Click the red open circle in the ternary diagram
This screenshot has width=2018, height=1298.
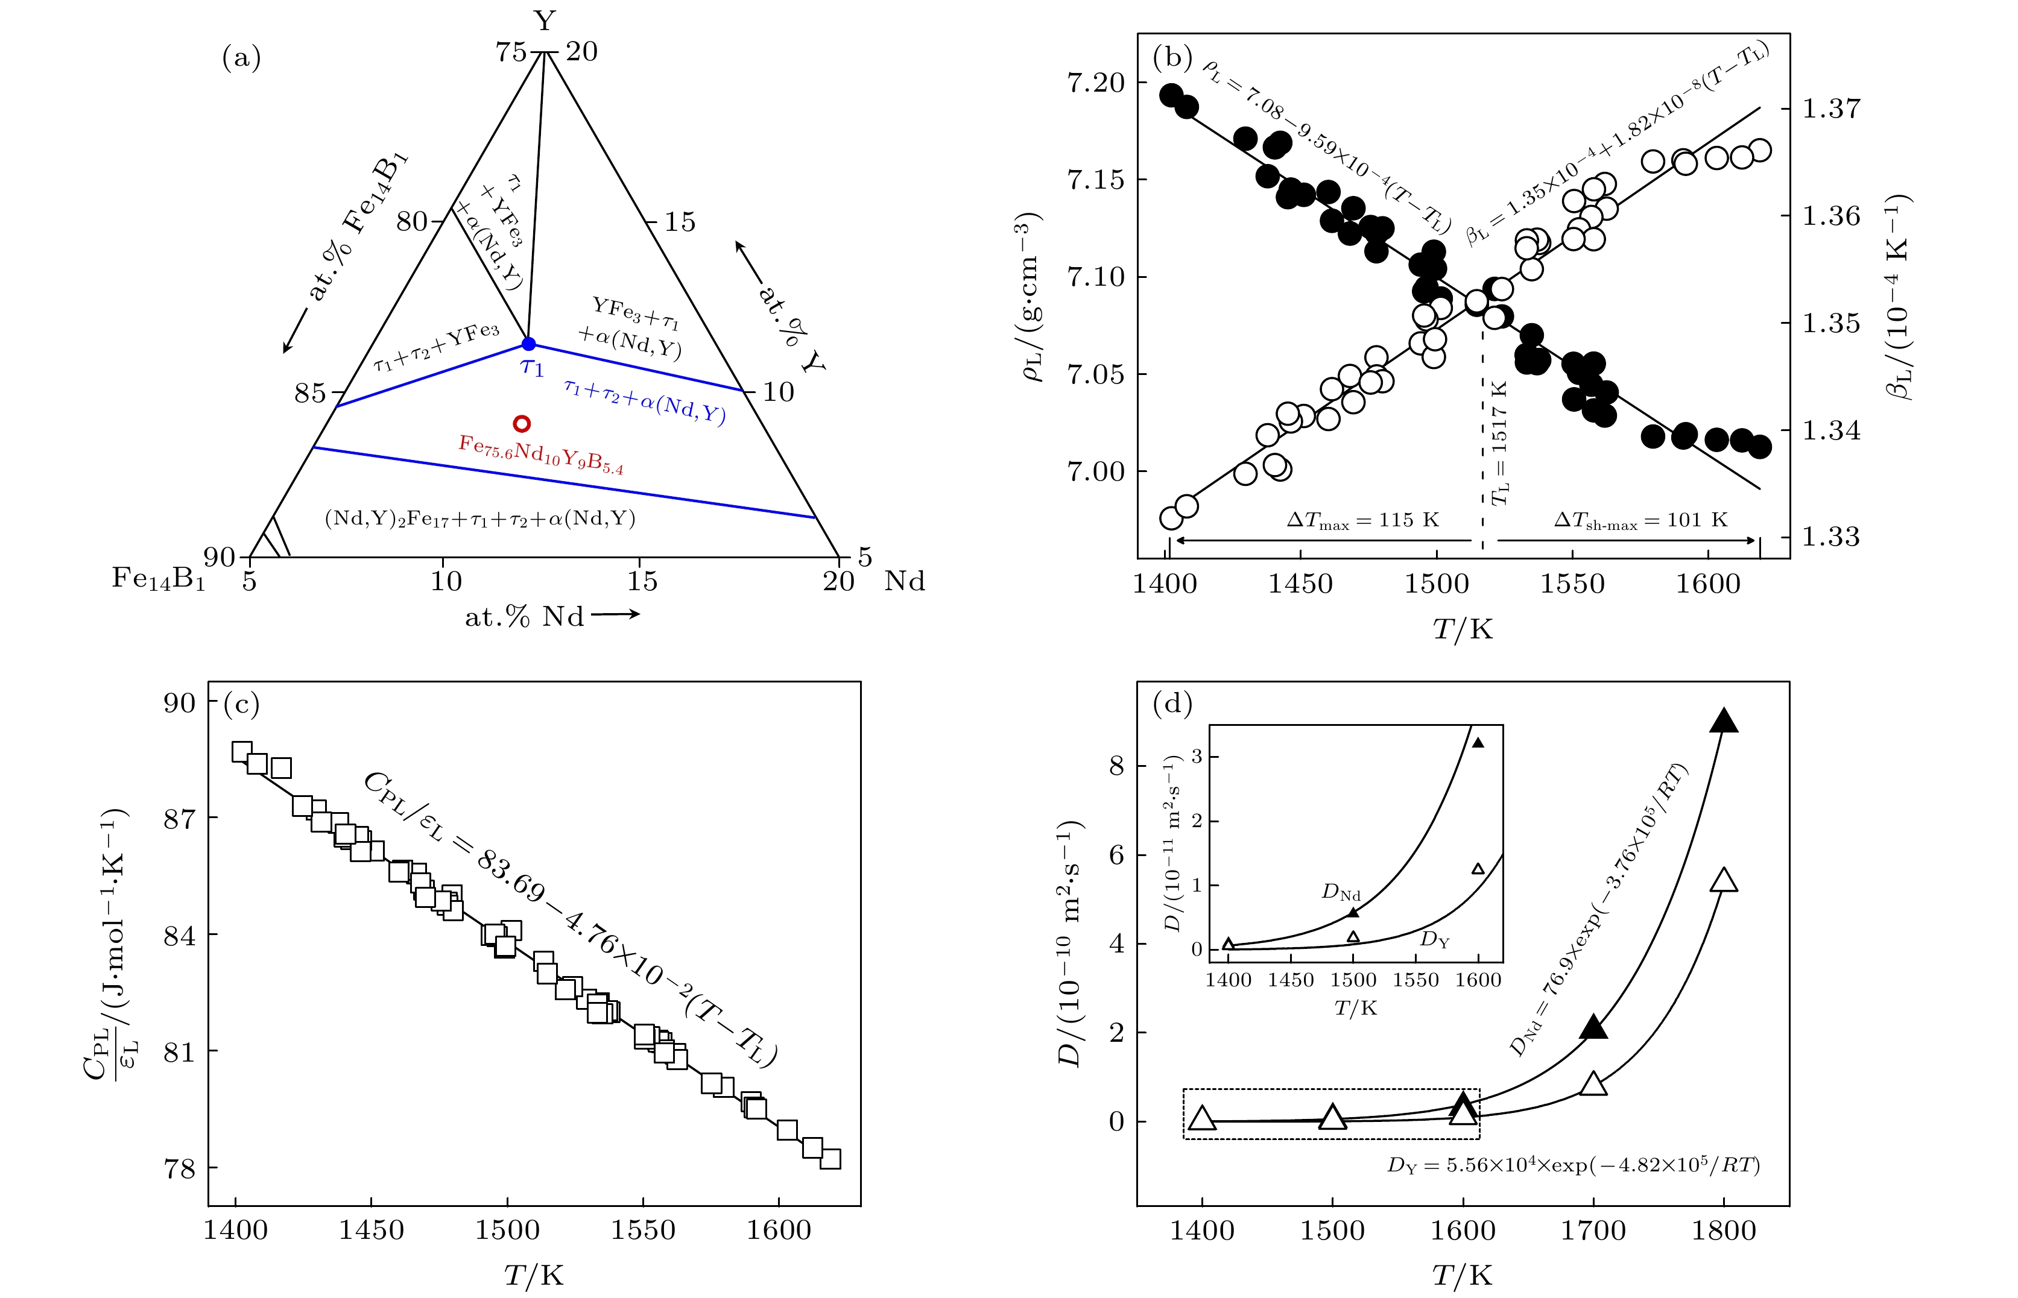[x=522, y=423]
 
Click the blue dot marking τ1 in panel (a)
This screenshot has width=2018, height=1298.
[x=528, y=344]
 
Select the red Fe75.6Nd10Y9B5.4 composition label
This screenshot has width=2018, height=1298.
[x=540, y=455]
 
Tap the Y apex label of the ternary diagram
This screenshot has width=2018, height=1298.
[x=545, y=20]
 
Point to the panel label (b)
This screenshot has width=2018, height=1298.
[x=1172, y=57]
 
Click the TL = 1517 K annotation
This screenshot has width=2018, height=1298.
[x=1499, y=443]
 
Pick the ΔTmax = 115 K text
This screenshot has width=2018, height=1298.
[x=1362, y=520]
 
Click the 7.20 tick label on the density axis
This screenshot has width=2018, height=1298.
[x=1095, y=83]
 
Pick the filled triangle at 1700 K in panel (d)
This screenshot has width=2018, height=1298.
[x=1593, y=1027]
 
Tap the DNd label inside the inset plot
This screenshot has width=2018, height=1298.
[x=1340, y=892]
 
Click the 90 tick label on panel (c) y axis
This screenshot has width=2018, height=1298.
[x=179, y=703]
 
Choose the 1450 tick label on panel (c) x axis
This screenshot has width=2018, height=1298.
[x=371, y=1230]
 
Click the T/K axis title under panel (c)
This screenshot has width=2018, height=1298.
[x=534, y=1275]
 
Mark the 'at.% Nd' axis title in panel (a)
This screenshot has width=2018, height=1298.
[x=524, y=617]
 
